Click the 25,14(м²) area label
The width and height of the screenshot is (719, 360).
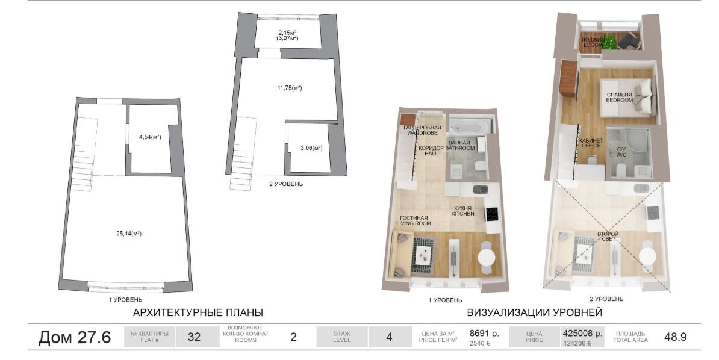128,234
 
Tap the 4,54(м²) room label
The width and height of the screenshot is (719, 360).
150,137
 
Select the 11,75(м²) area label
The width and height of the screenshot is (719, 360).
289,88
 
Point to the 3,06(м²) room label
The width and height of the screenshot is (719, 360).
311,147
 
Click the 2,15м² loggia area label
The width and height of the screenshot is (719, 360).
287,32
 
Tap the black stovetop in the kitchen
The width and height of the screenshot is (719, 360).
493,214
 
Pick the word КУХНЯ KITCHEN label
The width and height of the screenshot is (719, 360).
462,211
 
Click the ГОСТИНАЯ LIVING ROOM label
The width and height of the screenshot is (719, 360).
414,220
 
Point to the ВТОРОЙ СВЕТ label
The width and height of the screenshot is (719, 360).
608,236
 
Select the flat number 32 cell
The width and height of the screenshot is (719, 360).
194,337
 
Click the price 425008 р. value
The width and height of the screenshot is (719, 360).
582,334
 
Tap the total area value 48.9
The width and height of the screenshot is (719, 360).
675,337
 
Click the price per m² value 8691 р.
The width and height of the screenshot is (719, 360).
484,334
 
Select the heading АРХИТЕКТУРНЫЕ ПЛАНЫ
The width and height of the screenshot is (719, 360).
198,313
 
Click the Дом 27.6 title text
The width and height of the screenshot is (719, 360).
74,337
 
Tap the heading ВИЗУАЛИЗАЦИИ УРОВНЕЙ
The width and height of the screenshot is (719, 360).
534,313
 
